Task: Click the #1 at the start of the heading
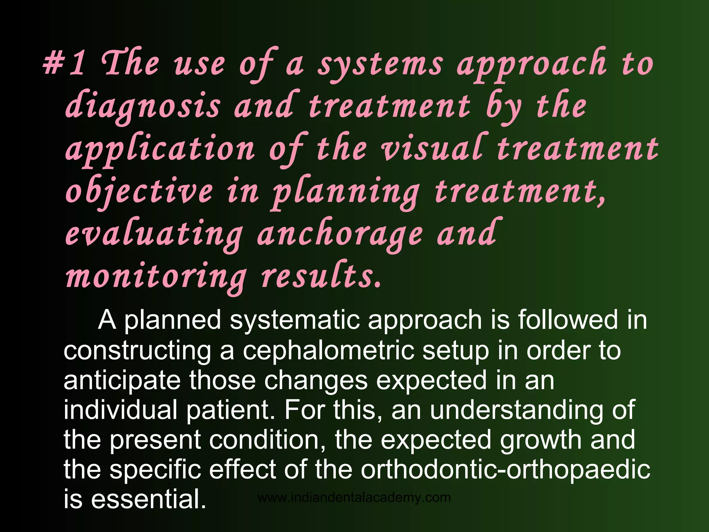(64, 64)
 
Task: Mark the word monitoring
(156, 277)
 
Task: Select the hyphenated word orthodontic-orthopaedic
(505, 470)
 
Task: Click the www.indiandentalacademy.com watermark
(354, 498)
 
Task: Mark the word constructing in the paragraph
(137, 351)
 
